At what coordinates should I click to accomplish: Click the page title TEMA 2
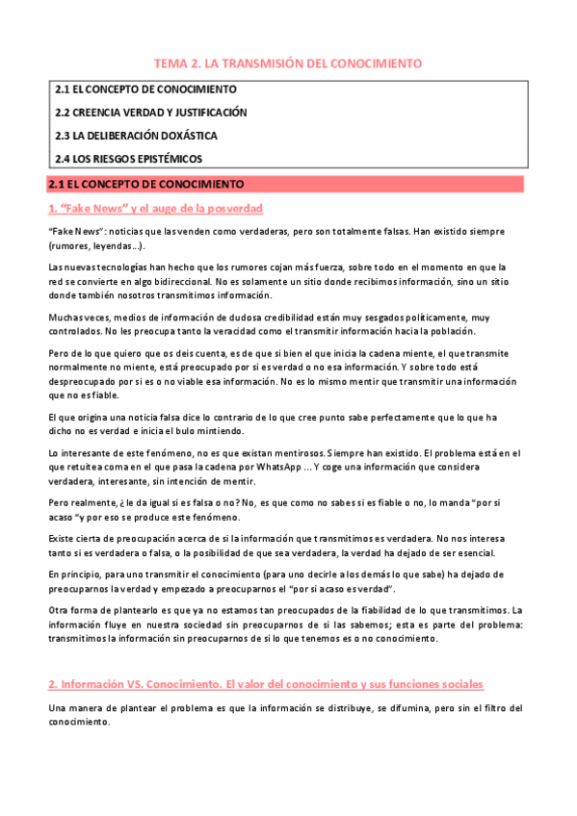click(288, 64)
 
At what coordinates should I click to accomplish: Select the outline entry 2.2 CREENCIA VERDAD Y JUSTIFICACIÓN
click(150, 113)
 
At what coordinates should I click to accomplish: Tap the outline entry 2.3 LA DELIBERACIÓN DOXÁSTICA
click(136, 136)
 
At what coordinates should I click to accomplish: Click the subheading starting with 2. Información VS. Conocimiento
click(265, 683)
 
